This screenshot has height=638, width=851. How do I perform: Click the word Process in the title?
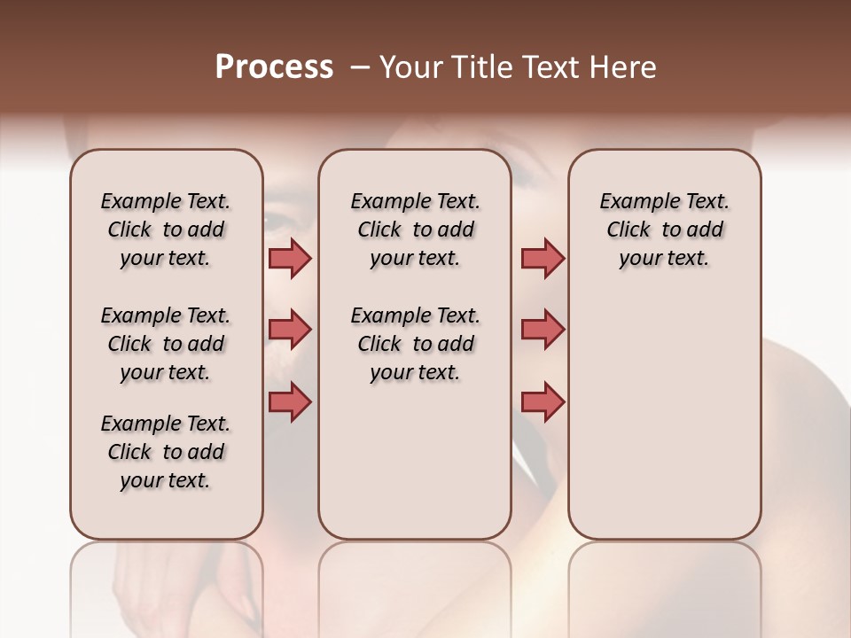[x=274, y=67]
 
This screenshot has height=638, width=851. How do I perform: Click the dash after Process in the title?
[x=360, y=68]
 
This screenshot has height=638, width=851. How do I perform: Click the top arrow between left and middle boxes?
[x=290, y=259]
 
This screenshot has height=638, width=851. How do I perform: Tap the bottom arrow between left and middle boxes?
[x=290, y=401]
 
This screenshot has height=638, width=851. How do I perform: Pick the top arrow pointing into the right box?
[x=543, y=259]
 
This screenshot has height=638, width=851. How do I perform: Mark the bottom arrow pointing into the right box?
[x=543, y=401]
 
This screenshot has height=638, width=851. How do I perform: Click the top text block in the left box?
[x=166, y=230]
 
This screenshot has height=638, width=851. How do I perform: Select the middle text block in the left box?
[x=166, y=344]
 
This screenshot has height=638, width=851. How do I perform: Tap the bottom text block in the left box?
[x=166, y=452]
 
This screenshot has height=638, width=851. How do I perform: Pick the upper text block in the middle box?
[x=415, y=230]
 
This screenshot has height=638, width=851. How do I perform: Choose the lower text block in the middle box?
[x=415, y=344]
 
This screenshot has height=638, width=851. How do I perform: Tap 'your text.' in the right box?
[x=664, y=259]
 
